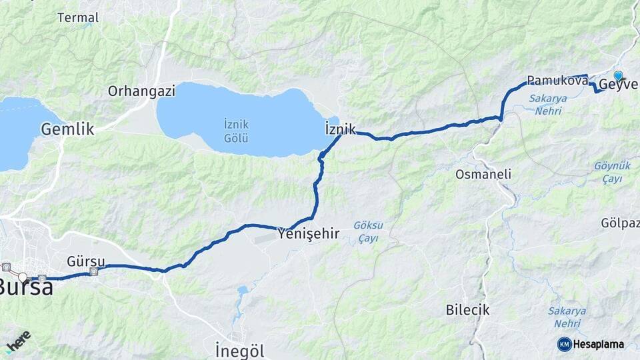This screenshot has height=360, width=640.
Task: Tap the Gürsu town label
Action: pyautogui.click(x=83, y=261)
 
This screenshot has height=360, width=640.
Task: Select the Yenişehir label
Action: pyautogui.click(x=313, y=234)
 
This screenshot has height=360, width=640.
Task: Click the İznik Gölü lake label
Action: pyautogui.click(x=237, y=131)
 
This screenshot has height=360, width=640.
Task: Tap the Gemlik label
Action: pyautogui.click(x=68, y=129)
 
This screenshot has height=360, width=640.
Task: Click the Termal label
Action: pyautogui.click(x=78, y=17)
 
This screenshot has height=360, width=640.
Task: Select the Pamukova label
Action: pyautogui.click(x=557, y=81)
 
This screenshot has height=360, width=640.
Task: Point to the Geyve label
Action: pyautogui.click(x=619, y=85)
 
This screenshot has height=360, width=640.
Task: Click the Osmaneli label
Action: pyautogui.click(x=483, y=174)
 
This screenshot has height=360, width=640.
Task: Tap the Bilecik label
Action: pyautogui.click(x=467, y=310)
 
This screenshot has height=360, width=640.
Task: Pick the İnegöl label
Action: pyautogui.click(x=240, y=350)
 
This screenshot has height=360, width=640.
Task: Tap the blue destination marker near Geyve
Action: pyautogui.click(x=619, y=76)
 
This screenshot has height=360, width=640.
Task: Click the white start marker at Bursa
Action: pyautogui.click(x=23, y=277)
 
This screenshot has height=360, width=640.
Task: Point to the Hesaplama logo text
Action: pyautogui.click(x=599, y=344)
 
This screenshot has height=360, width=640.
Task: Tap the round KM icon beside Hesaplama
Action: pyautogui.click(x=564, y=344)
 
